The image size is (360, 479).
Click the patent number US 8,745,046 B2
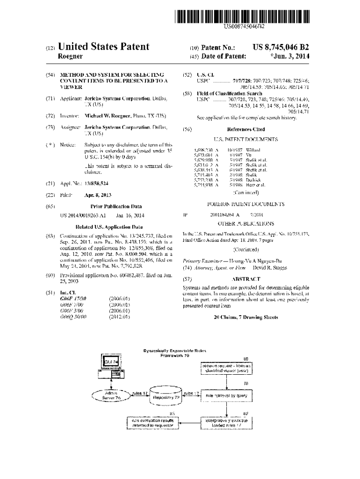(281, 48)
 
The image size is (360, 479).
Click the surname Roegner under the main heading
(70, 57)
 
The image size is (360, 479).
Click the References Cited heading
(245, 130)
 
